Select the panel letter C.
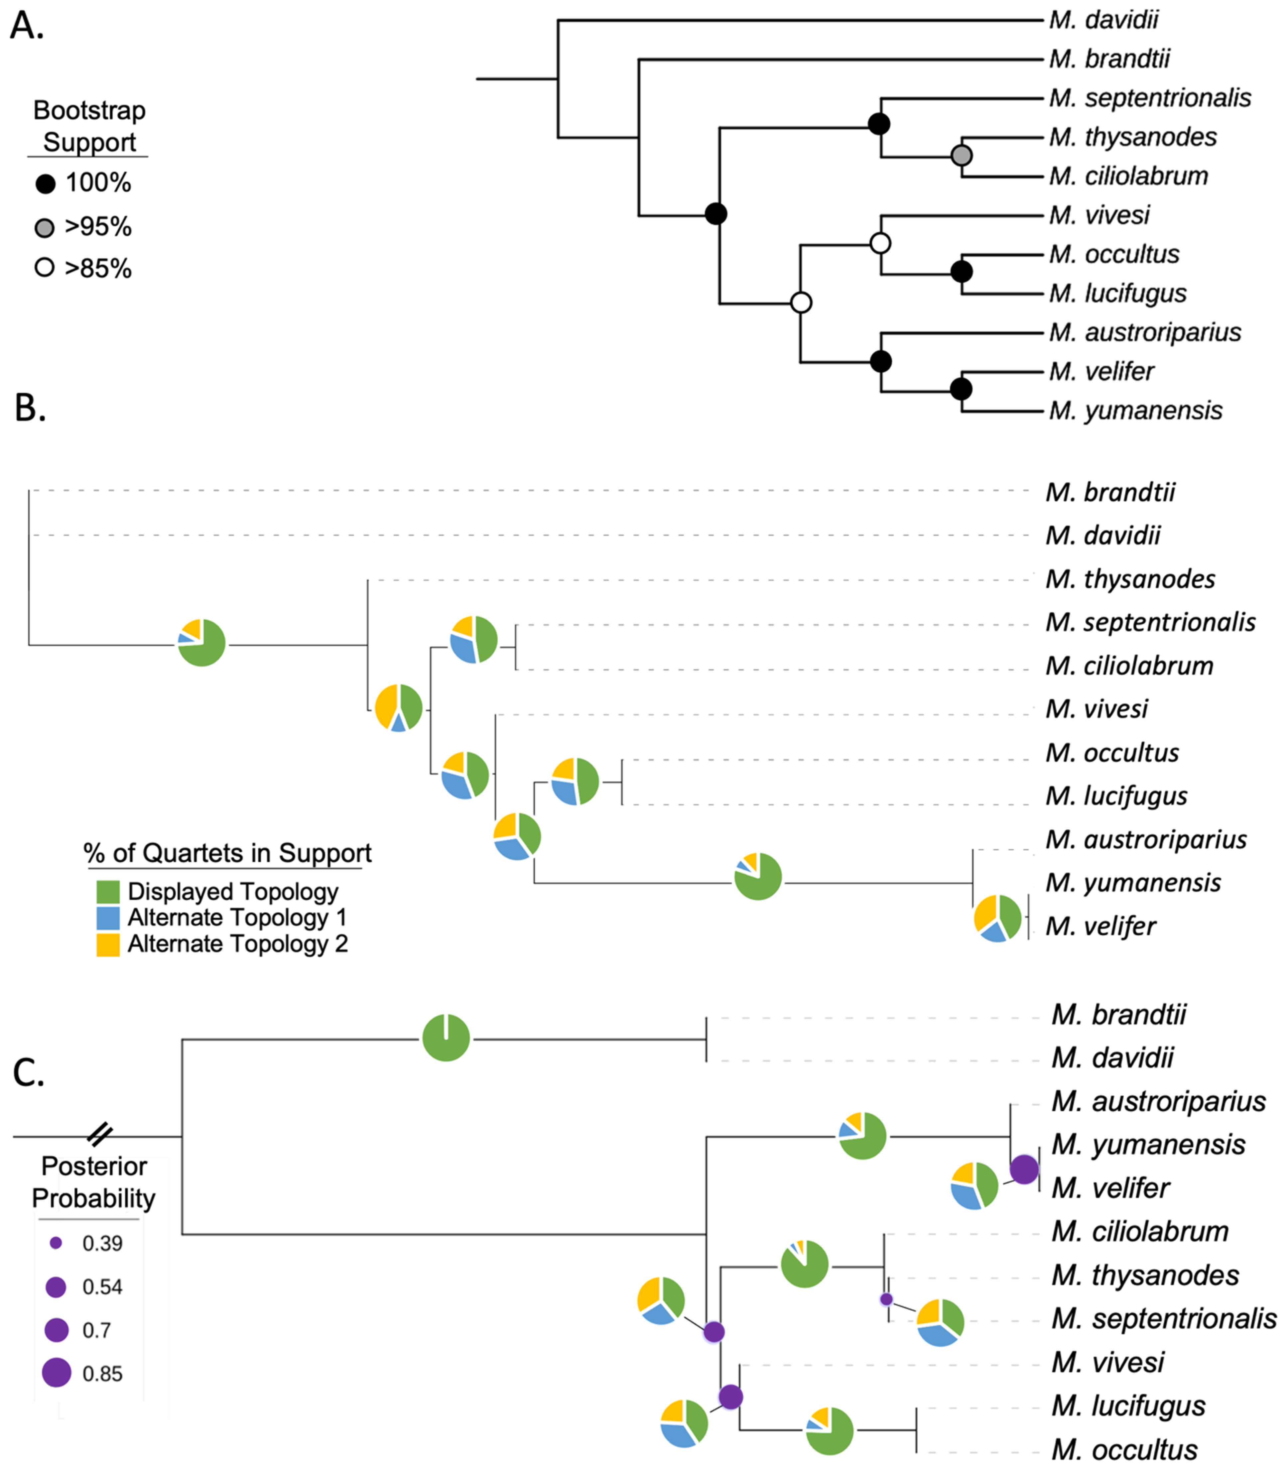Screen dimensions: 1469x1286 click(29, 1073)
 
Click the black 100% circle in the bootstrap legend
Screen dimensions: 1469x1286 click(45, 184)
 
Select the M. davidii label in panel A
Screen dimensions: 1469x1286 click(1104, 20)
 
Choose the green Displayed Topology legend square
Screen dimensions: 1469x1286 click(108, 892)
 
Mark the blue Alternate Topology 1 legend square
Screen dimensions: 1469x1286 click(108, 918)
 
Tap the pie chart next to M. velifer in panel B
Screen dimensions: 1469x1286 click(997, 918)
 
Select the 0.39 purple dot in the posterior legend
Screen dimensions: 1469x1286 click(56, 1243)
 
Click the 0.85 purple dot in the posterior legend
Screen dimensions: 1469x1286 click(56, 1373)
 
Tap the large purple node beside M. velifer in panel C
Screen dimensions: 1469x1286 click(1024, 1169)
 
